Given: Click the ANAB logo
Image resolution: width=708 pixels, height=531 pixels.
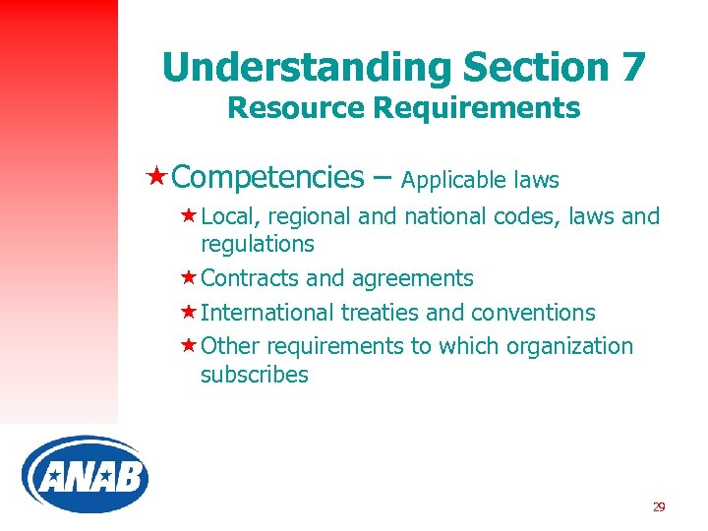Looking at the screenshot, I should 85,477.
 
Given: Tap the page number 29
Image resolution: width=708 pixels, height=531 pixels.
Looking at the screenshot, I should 658,506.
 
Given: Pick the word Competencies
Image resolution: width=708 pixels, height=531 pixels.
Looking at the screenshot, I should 267,177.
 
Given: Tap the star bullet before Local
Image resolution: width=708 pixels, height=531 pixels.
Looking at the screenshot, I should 187,215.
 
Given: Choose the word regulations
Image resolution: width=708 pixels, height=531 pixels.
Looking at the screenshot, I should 257,244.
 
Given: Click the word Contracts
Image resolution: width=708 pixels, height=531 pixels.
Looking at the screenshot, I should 250,279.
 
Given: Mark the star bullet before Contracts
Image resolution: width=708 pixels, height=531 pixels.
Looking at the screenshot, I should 187,278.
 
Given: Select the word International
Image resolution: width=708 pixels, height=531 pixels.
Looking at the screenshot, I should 267,313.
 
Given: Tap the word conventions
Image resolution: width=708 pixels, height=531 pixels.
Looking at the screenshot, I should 533,313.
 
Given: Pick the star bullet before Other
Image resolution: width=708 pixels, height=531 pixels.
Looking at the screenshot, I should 187,345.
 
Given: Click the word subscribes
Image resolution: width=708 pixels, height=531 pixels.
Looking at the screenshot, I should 254,375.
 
